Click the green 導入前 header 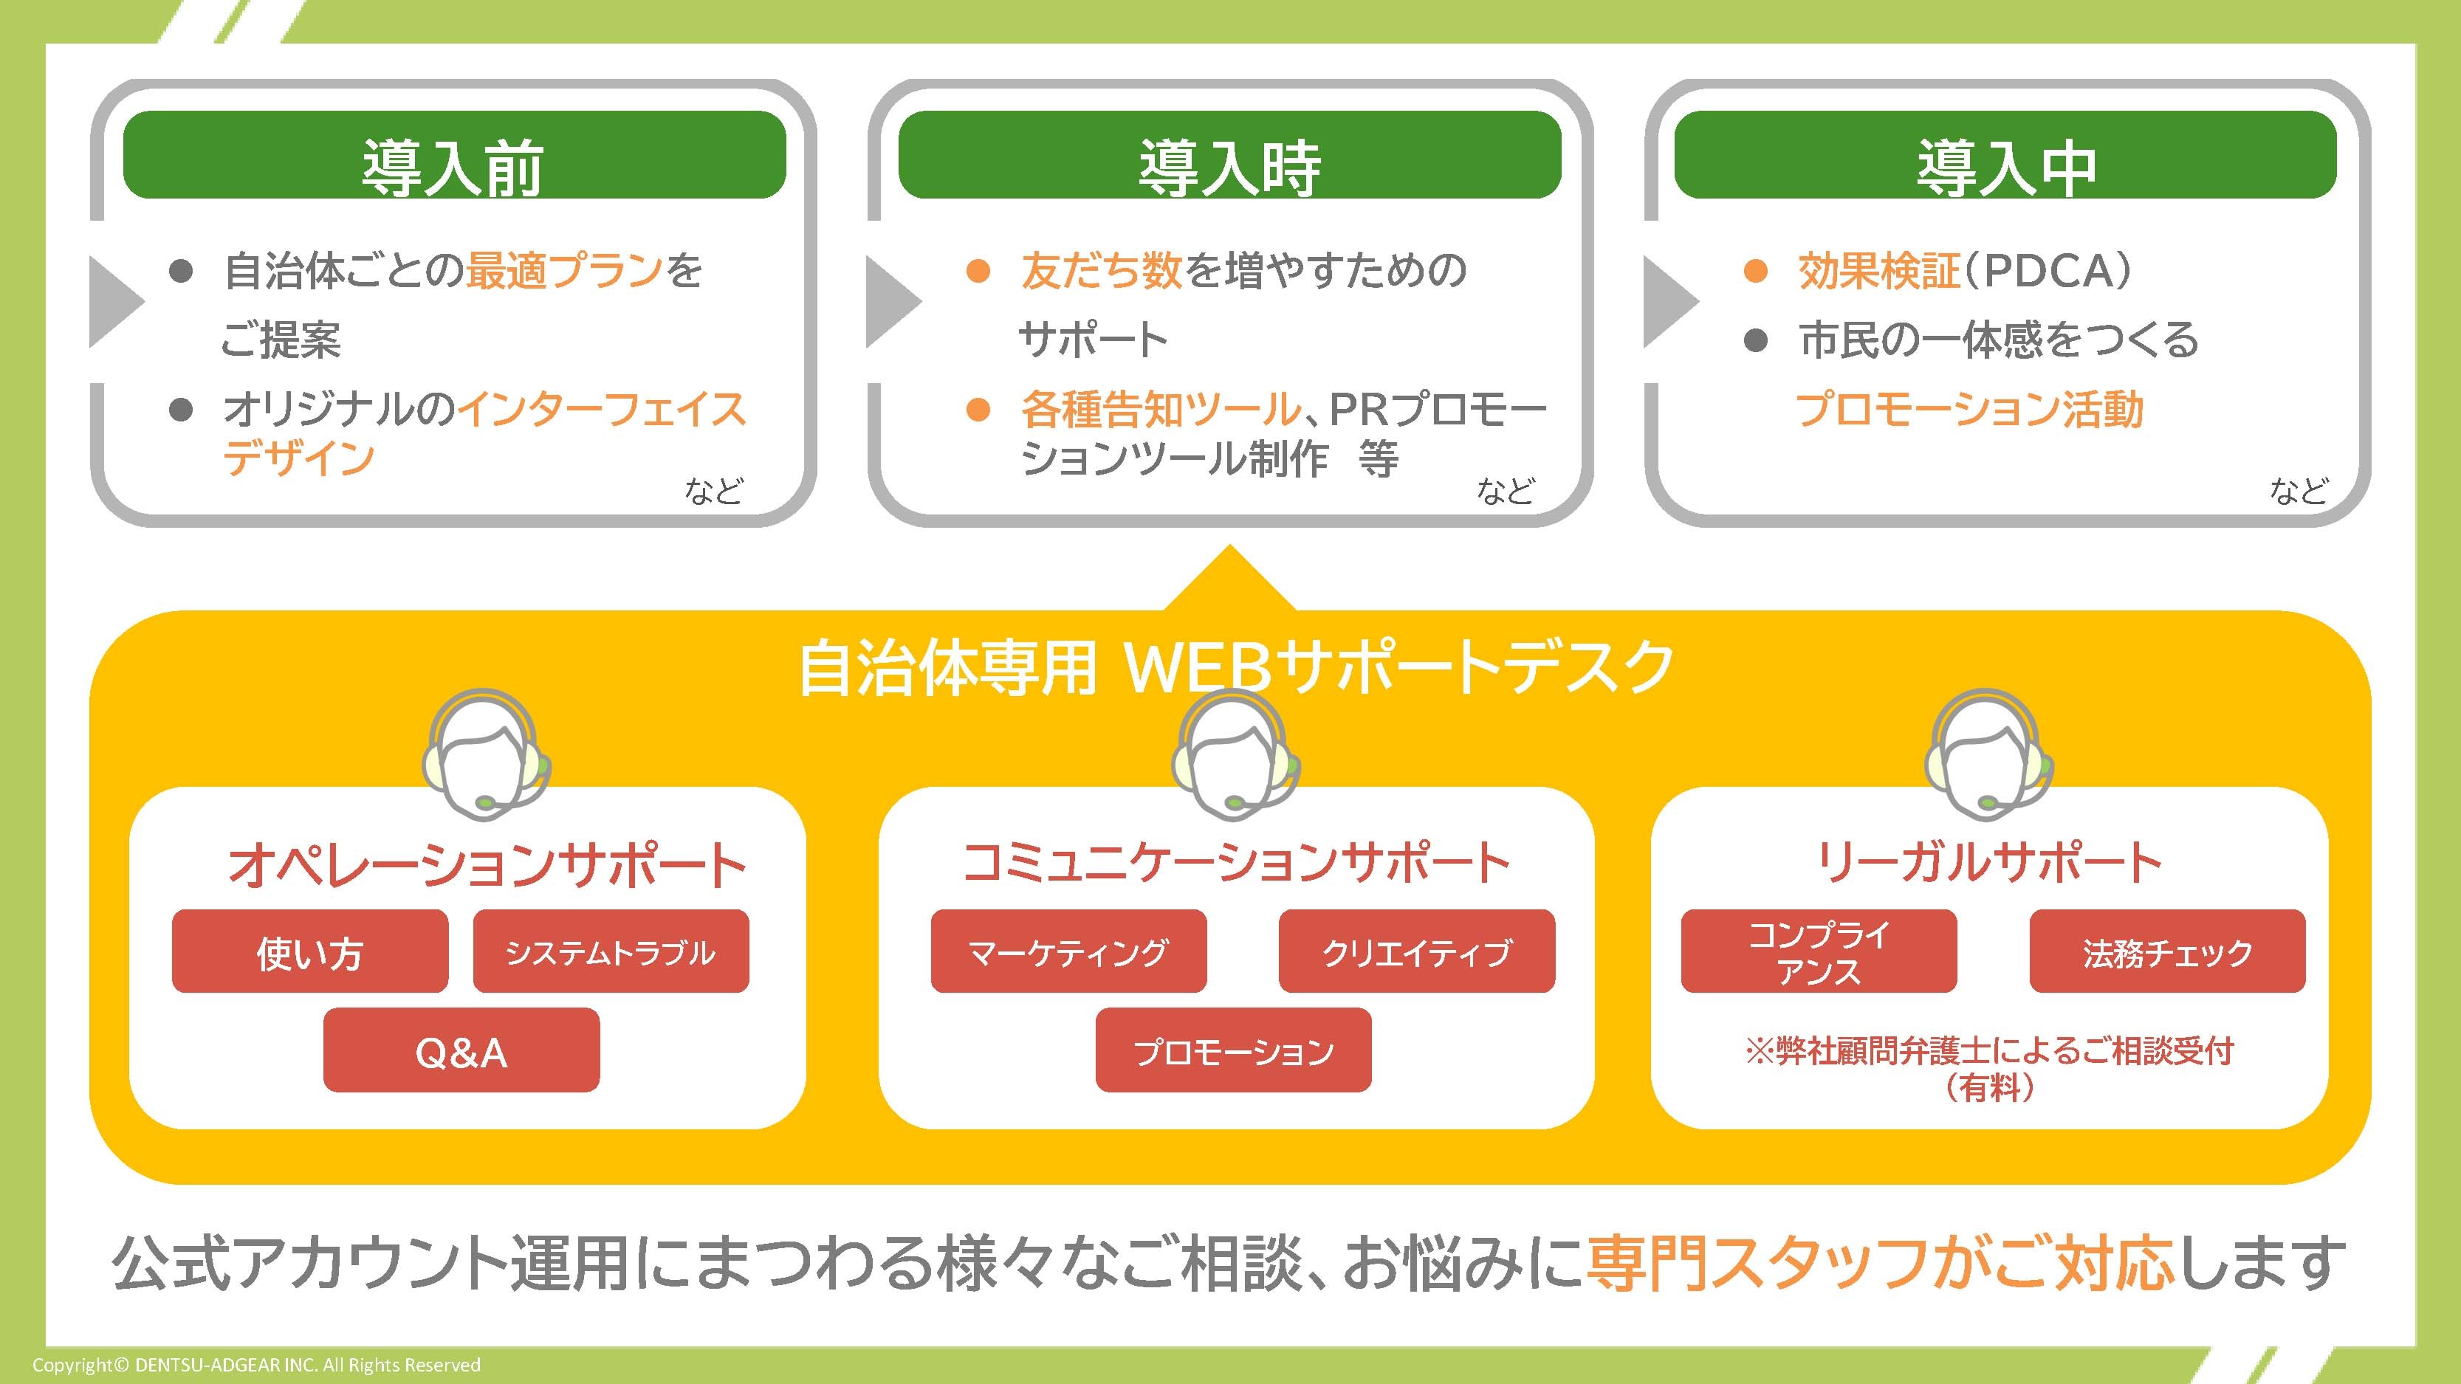[x=454, y=156]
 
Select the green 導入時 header [x=1229, y=156]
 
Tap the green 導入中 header [x=2005, y=156]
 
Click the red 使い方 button [x=309, y=951]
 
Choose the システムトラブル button [x=611, y=951]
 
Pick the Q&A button [x=461, y=1050]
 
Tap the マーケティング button [x=1068, y=951]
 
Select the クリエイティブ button [x=1417, y=951]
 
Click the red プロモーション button [x=1233, y=1050]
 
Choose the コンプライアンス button [x=1818, y=951]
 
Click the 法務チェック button [x=2166, y=951]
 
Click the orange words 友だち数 [x=1101, y=270]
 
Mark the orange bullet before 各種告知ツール [x=978, y=410]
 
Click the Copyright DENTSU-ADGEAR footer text [x=256, y=1365]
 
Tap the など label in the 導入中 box [x=2299, y=491]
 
